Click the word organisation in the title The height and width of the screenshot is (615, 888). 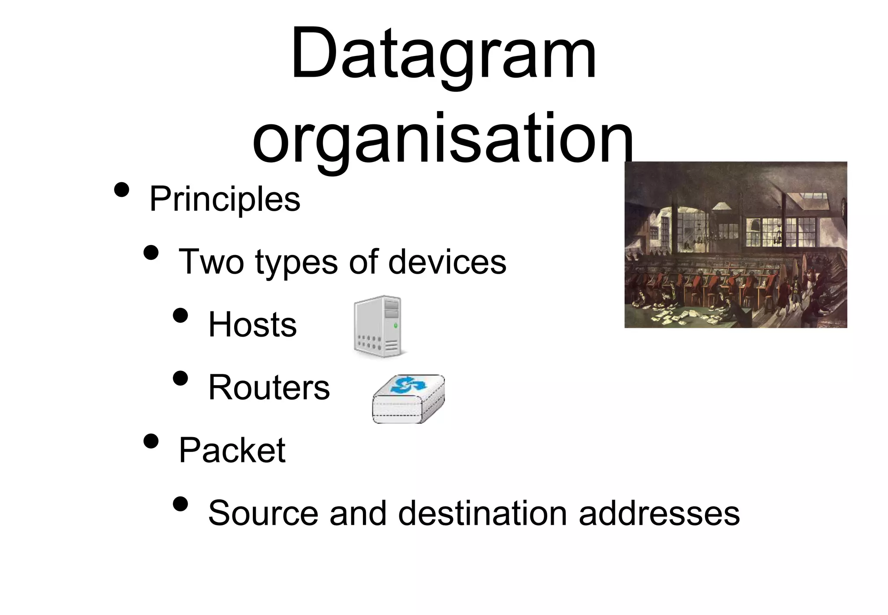pyautogui.click(x=443, y=139)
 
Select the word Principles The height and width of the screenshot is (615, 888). pyautogui.click(x=225, y=200)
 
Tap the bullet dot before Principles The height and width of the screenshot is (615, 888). pyautogui.click(x=122, y=190)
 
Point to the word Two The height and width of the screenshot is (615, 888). pyautogui.click(x=211, y=262)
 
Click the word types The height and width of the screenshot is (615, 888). pyautogui.click(x=296, y=263)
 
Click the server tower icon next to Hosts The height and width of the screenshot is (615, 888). pyautogui.click(x=378, y=326)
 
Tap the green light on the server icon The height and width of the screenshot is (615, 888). pyautogui.click(x=395, y=325)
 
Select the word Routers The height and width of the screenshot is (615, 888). pyautogui.click(x=269, y=387)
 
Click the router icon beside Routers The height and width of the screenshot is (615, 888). pyautogui.click(x=408, y=399)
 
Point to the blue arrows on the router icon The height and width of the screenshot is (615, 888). pyautogui.click(x=408, y=385)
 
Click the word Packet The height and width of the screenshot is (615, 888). pyautogui.click(x=232, y=450)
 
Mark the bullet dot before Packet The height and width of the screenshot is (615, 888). pyautogui.click(x=151, y=441)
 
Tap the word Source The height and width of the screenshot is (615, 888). pyautogui.click(x=263, y=513)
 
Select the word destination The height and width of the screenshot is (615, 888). pyautogui.click(x=483, y=513)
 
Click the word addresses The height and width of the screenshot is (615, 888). pyautogui.click(x=659, y=513)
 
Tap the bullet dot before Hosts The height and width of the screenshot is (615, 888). pyautogui.click(x=180, y=315)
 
